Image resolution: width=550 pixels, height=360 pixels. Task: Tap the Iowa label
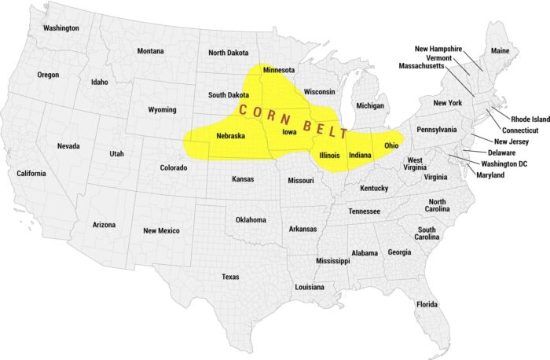click(x=289, y=131)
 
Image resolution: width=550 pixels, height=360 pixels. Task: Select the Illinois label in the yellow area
click(x=330, y=156)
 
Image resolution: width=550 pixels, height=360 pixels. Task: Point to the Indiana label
click(x=360, y=156)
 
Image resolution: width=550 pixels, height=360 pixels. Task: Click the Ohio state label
click(x=392, y=145)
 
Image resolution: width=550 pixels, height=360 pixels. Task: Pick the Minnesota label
click(x=279, y=70)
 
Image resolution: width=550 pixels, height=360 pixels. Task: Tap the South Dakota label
click(x=229, y=95)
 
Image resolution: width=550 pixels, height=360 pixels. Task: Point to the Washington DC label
click(x=505, y=163)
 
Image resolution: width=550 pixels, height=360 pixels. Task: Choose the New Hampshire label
click(x=450, y=49)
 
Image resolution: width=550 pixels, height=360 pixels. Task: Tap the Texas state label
click(x=230, y=277)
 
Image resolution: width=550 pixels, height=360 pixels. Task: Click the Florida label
click(x=427, y=304)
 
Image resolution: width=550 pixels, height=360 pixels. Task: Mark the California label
click(x=31, y=173)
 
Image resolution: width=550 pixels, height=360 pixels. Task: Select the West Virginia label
click(x=415, y=164)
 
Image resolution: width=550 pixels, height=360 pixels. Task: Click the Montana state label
click(x=151, y=51)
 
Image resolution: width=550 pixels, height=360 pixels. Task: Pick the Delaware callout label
click(x=502, y=152)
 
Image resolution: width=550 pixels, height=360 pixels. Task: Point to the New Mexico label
click(x=161, y=230)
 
